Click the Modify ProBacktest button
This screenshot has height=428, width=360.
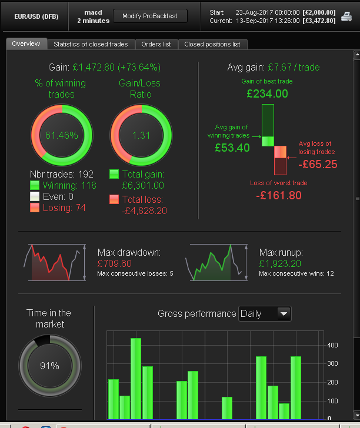point(150,16)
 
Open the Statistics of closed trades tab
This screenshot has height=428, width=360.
point(91,44)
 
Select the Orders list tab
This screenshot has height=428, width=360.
point(156,44)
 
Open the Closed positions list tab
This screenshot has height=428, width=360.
point(212,44)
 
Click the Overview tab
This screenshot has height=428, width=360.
point(26,44)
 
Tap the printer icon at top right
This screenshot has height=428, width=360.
point(347,16)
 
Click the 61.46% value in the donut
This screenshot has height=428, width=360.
point(61,136)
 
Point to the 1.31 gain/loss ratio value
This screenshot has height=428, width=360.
point(141,136)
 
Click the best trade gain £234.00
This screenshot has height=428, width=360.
point(267,93)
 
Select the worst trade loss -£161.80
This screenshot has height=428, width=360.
point(279,195)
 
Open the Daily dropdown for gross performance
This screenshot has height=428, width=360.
point(265,313)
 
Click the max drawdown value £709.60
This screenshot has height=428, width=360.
point(115,263)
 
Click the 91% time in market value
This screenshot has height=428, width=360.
point(49,366)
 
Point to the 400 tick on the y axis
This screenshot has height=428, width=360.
point(332,345)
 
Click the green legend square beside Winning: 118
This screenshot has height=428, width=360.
point(35,185)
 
